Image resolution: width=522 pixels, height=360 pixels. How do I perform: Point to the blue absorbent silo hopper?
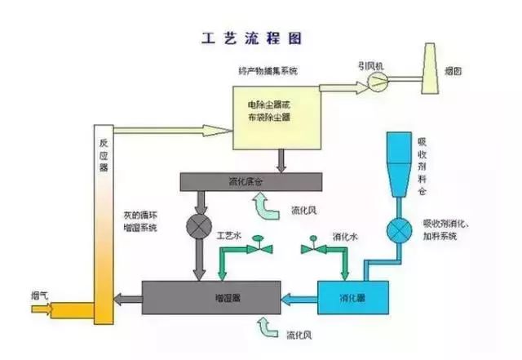pyautogui.click(x=400, y=163)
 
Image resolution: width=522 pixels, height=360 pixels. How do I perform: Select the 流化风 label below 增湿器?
pyautogui.click(x=296, y=335)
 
